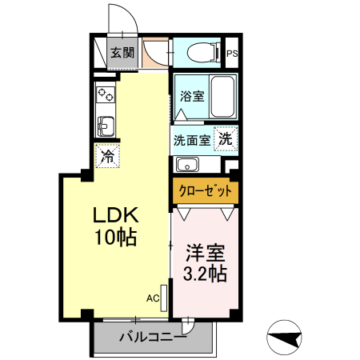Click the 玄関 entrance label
pyautogui.click(x=122, y=54)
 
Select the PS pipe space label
pyautogui.click(x=232, y=54)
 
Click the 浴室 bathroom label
pyautogui.click(x=191, y=96)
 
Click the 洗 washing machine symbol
pyautogui.click(x=226, y=138)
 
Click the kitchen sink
pyautogui.click(x=106, y=125)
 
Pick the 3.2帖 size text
pyautogui.click(x=206, y=274)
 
